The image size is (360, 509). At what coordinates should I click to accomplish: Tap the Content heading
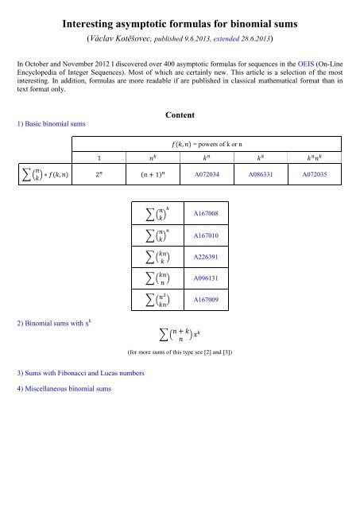[x=180, y=115]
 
